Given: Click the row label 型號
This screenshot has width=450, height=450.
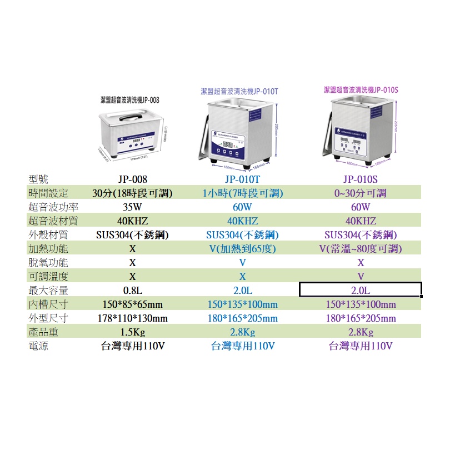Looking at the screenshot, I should [x=38, y=179].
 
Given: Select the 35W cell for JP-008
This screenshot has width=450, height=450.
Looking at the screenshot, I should [x=132, y=207].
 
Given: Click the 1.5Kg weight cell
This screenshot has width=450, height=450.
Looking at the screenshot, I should [x=133, y=332].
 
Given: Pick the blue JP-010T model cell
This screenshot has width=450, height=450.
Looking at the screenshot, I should [x=243, y=179].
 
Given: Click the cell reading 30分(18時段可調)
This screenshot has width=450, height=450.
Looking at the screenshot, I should [x=133, y=193].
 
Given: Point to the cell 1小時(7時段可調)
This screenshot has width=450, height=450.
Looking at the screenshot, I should [x=243, y=193].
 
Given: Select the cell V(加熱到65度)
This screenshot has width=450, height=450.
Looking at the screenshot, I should [x=243, y=248].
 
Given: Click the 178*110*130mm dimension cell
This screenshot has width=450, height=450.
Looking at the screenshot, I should [x=133, y=318].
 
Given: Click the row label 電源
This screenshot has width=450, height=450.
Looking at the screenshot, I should [x=38, y=346].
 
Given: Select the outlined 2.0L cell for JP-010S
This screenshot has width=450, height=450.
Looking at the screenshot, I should [x=360, y=290].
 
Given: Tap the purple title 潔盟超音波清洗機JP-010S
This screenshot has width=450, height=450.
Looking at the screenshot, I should [x=361, y=89].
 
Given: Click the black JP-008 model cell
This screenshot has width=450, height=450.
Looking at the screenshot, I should [x=133, y=179].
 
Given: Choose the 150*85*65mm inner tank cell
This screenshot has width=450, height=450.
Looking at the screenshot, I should [x=133, y=304].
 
